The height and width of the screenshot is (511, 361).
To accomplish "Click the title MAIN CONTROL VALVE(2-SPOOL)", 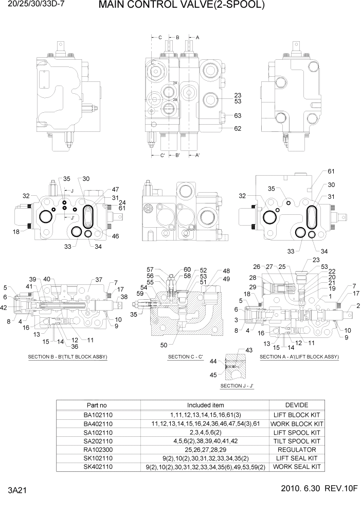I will coord(182,6).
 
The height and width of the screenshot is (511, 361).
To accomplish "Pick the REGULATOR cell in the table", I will coord(296,450).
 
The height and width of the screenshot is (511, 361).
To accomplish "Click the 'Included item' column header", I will coord(205,405).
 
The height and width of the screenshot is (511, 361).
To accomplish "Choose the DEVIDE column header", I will coord(296,405).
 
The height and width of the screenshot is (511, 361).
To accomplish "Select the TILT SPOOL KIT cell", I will coord(296,441).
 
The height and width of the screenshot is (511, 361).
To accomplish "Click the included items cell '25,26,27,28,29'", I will coord(205,450).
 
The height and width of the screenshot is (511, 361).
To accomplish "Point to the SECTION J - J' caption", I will coord(237,386).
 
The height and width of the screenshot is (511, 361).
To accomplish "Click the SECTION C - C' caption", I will coord(186,357).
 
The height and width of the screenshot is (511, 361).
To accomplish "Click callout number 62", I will coord(238,129).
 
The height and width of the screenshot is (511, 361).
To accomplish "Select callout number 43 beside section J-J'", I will coord(250,350).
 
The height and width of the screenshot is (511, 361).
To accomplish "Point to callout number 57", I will coord(150,269).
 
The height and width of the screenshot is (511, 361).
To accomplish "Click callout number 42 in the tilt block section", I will coord(4,308).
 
